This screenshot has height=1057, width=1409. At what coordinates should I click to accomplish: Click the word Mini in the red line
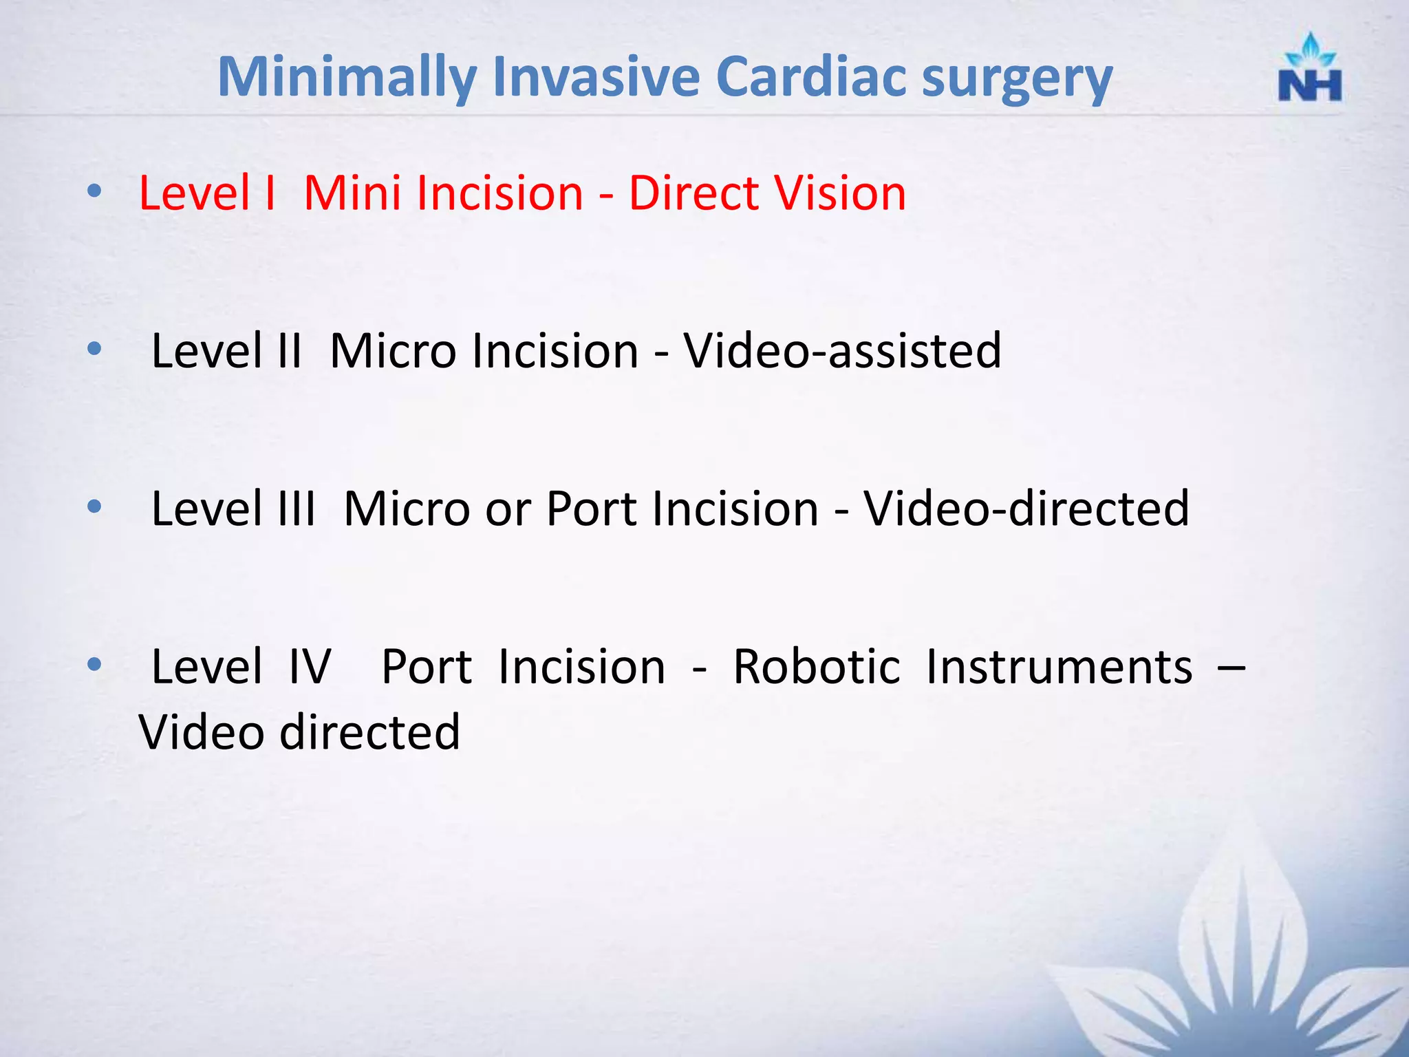click(352, 193)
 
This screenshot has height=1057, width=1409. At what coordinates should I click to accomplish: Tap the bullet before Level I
click(95, 191)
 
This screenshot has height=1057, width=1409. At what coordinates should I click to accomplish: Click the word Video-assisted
click(842, 351)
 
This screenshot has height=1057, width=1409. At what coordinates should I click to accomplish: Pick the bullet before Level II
click(95, 349)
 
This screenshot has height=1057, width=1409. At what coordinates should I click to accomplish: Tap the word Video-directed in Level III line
click(1026, 509)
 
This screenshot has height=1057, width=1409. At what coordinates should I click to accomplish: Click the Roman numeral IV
click(310, 667)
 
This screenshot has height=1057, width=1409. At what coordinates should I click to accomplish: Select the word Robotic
click(816, 667)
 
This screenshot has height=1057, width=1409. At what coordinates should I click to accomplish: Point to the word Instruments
click(1059, 667)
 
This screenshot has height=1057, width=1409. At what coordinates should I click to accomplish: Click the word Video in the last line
click(202, 732)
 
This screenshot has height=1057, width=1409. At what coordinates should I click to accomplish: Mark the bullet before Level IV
click(95, 665)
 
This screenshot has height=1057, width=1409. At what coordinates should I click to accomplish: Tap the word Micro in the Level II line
click(393, 351)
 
